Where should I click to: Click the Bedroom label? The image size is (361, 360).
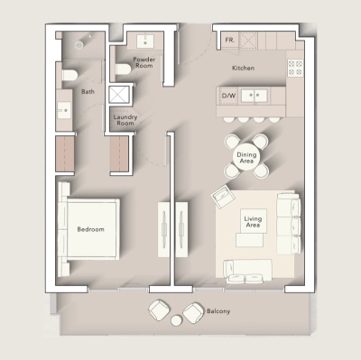click(90, 230)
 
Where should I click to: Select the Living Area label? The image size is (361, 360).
click(253, 220)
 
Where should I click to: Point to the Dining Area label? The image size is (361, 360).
click(246, 158)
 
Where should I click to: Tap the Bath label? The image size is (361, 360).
click(88, 91)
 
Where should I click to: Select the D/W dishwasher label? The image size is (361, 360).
click(228, 95)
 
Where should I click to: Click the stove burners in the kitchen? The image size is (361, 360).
click(294, 67)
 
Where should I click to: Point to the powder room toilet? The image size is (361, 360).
click(122, 70)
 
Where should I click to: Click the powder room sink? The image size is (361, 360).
click(144, 41)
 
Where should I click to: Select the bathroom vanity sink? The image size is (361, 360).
click(64, 110)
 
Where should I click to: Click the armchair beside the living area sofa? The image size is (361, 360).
click(221, 195)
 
